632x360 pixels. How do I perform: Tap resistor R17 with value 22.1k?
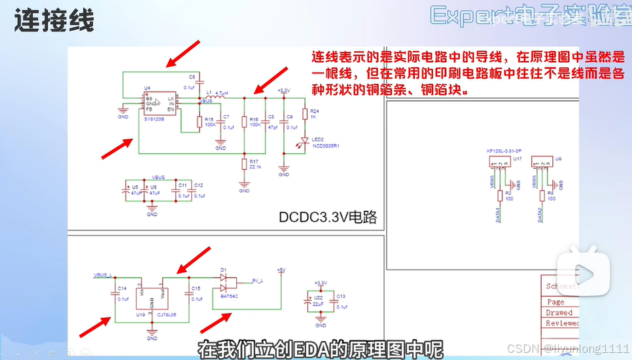244,164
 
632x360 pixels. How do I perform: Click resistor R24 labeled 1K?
305,115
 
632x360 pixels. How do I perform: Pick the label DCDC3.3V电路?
328,217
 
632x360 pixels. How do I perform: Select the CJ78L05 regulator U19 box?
151,298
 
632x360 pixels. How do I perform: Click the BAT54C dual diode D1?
229,283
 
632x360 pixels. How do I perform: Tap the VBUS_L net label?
104,275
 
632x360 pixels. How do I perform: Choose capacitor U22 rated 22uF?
309,302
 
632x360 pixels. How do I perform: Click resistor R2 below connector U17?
500,195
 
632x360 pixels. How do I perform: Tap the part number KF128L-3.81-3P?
500,151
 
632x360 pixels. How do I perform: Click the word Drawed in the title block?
559,313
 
